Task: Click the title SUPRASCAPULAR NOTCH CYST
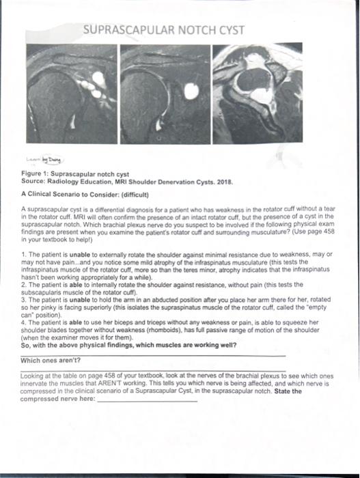tap(164, 30)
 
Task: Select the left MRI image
tap(72, 94)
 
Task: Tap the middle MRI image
tap(165, 94)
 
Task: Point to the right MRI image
tap(258, 93)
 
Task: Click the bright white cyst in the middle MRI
tap(191, 91)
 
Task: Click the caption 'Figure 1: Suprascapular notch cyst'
tap(75, 174)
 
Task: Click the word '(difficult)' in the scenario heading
tap(135, 195)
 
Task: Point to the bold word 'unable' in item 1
tap(80, 255)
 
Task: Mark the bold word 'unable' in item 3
tap(80, 300)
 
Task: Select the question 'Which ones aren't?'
tap(51, 361)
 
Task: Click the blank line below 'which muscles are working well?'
tap(153, 356)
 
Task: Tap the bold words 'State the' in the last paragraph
tap(288, 391)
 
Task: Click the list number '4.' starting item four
tap(24, 322)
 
